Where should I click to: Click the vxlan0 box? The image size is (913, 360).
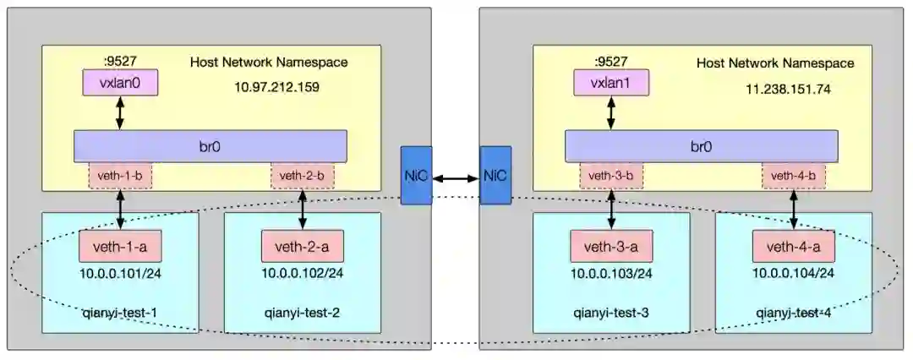click(120, 83)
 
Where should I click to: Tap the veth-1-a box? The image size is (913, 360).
click(120, 247)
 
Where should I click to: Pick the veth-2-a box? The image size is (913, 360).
click(302, 247)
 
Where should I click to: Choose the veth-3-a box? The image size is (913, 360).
click(610, 247)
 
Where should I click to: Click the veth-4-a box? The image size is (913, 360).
click(793, 247)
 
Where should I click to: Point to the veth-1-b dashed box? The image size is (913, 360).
click(120, 176)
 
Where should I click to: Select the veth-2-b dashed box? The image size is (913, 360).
click(302, 176)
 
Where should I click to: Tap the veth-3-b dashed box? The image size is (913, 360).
click(610, 176)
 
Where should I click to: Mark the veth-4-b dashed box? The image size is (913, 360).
click(793, 176)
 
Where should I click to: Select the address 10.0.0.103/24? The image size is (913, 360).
click(610, 273)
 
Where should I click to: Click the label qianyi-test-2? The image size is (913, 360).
click(302, 314)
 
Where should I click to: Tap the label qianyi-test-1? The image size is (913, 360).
click(120, 314)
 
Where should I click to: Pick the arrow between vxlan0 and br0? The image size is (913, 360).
click(120, 112)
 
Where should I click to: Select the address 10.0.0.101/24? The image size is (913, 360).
click(120, 273)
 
